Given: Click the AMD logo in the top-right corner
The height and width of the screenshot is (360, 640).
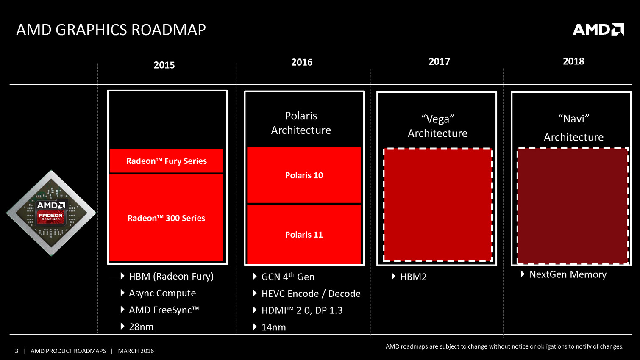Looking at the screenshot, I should tap(598, 29).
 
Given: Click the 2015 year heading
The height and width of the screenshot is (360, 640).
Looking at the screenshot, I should tap(164, 65).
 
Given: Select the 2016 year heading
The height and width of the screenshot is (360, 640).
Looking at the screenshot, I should tap(302, 62).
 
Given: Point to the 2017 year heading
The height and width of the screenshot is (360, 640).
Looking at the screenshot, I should tap(439, 61).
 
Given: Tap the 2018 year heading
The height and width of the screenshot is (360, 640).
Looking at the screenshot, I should tap(573, 61).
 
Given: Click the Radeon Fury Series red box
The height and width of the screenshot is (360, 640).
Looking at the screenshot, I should tap(166, 161).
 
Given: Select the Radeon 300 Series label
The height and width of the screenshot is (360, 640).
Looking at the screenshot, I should tap(166, 218).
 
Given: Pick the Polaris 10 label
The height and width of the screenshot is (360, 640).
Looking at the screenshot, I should tap(304, 175).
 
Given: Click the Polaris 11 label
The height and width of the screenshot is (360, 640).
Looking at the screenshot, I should tap(304, 235).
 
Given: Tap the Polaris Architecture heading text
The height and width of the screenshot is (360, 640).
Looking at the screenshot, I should tap(301, 123).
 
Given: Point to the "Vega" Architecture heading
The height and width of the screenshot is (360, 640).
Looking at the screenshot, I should tap(437, 126).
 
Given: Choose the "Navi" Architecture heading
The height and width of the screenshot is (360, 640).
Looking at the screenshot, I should tap(573, 127).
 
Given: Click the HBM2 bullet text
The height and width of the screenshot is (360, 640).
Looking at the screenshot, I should tap(413, 277).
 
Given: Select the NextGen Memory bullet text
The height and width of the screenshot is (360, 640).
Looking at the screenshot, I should tap(568, 274).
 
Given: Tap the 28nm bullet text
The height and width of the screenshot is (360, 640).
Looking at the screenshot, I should tap(141, 327).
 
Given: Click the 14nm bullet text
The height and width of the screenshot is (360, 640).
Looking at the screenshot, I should tap(273, 327).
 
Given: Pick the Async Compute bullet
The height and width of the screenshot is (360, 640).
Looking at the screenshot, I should tap(162, 293).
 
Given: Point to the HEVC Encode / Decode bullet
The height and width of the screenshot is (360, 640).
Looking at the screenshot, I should tap(311, 294).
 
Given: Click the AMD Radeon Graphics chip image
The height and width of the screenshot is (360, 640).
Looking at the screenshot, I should tap(51, 213).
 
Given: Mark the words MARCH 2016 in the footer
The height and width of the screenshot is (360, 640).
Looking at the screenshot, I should tap(136, 351).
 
